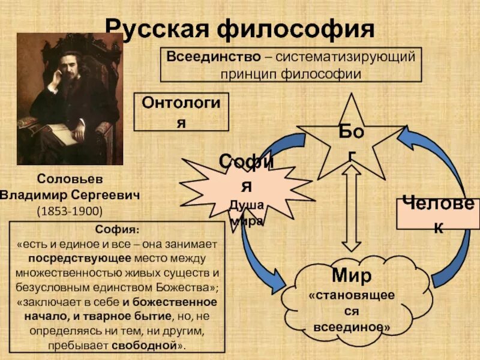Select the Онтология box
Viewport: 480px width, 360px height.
coord(181,112)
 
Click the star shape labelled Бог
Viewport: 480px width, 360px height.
coord(350,141)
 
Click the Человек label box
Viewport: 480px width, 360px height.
coord(438,213)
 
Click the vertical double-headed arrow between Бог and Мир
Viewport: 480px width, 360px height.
coord(352,207)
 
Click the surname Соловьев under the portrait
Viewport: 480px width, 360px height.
coord(70,179)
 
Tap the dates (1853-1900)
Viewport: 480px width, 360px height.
coord(70,211)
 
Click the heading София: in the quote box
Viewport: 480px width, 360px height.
coord(118,230)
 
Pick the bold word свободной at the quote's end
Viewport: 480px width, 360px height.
coord(153,344)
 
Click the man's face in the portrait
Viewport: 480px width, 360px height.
coord(67,67)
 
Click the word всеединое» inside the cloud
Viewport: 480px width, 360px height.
coord(352,328)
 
